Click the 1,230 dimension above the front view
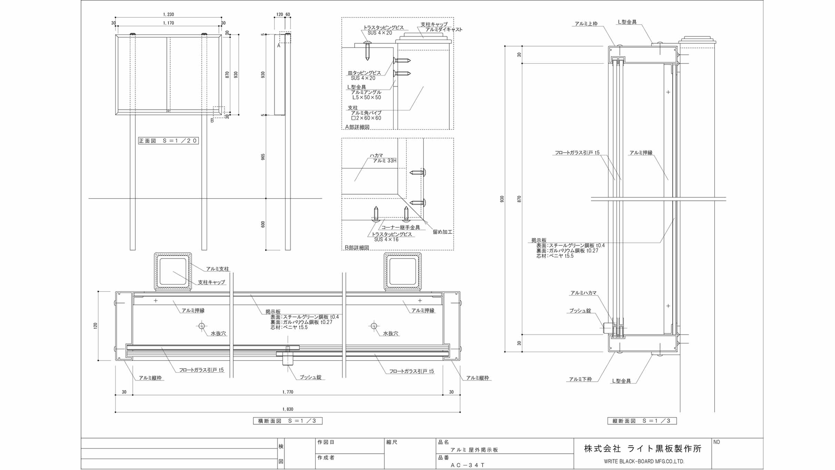pyautogui.click(x=168, y=15)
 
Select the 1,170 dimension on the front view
pyautogui.click(x=168, y=23)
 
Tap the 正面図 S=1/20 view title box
pyautogui.click(x=168, y=141)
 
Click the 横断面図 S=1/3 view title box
pyautogui.click(x=288, y=421)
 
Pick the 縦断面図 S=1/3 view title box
pyautogui.click(x=642, y=421)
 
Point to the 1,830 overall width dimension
pyautogui.click(x=288, y=409)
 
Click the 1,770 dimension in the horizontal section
pyautogui.click(x=288, y=392)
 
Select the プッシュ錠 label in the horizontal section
pyautogui.click(x=310, y=377)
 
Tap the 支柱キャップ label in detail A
pyautogui.click(x=434, y=24)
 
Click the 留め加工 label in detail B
pyautogui.click(x=443, y=232)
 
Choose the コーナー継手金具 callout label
pyautogui.click(x=400, y=227)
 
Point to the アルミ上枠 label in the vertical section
pyautogui.click(x=586, y=24)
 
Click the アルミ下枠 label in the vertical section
pyautogui.click(x=581, y=379)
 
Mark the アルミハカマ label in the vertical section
pyautogui.click(x=583, y=293)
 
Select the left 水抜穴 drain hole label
pyautogui.click(x=218, y=333)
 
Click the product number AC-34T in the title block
pyautogui.click(x=467, y=465)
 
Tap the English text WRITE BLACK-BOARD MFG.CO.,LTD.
pyautogui.click(x=644, y=461)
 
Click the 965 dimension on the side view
pyautogui.click(x=263, y=157)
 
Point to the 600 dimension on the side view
pyautogui.click(x=263, y=224)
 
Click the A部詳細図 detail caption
pyautogui.click(x=357, y=127)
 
